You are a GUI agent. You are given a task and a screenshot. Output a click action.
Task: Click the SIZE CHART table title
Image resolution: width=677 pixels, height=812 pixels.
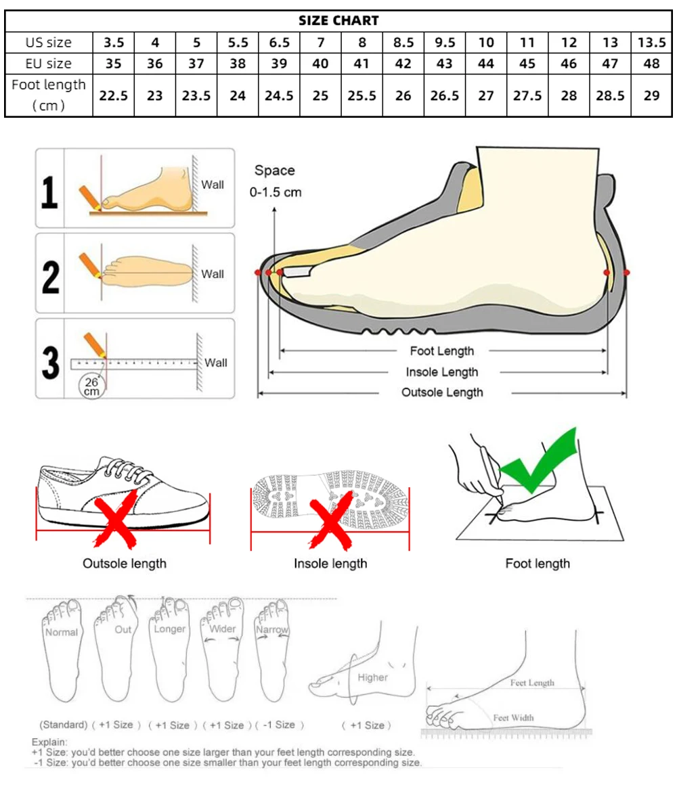coord(338,21)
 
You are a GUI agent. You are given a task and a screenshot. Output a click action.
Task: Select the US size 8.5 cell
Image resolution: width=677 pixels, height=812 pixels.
coord(403,43)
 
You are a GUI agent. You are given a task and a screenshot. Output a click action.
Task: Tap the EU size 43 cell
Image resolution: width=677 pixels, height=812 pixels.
coord(445,64)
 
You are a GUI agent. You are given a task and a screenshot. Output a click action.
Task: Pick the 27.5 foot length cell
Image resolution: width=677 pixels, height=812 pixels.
coord(527,95)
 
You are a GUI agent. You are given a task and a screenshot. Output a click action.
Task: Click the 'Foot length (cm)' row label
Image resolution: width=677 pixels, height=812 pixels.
coord(49,95)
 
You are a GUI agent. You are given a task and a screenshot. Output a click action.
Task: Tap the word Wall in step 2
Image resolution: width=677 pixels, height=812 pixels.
coord(213,274)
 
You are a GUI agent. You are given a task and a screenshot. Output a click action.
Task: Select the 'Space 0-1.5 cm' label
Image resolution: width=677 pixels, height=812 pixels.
coord(275,181)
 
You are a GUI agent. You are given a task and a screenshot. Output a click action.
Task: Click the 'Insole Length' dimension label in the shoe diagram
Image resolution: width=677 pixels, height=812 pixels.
coord(442,371)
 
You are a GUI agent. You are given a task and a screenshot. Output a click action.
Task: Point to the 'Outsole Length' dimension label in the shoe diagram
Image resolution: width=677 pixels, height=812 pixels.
coord(442,392)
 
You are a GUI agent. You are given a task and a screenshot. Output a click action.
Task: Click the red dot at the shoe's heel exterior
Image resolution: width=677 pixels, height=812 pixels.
coord(627,272)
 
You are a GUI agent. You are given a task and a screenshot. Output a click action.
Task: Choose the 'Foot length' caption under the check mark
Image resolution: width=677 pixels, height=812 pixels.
coord(538,564)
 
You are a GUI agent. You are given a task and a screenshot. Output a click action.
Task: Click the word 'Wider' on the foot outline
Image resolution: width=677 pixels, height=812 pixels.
coord(223,629)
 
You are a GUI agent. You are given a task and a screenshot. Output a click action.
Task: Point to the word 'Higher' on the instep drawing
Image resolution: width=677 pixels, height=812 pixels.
coord(372,677)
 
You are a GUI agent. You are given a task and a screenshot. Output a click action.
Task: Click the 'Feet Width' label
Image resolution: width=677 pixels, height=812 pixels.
coord(513,717)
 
